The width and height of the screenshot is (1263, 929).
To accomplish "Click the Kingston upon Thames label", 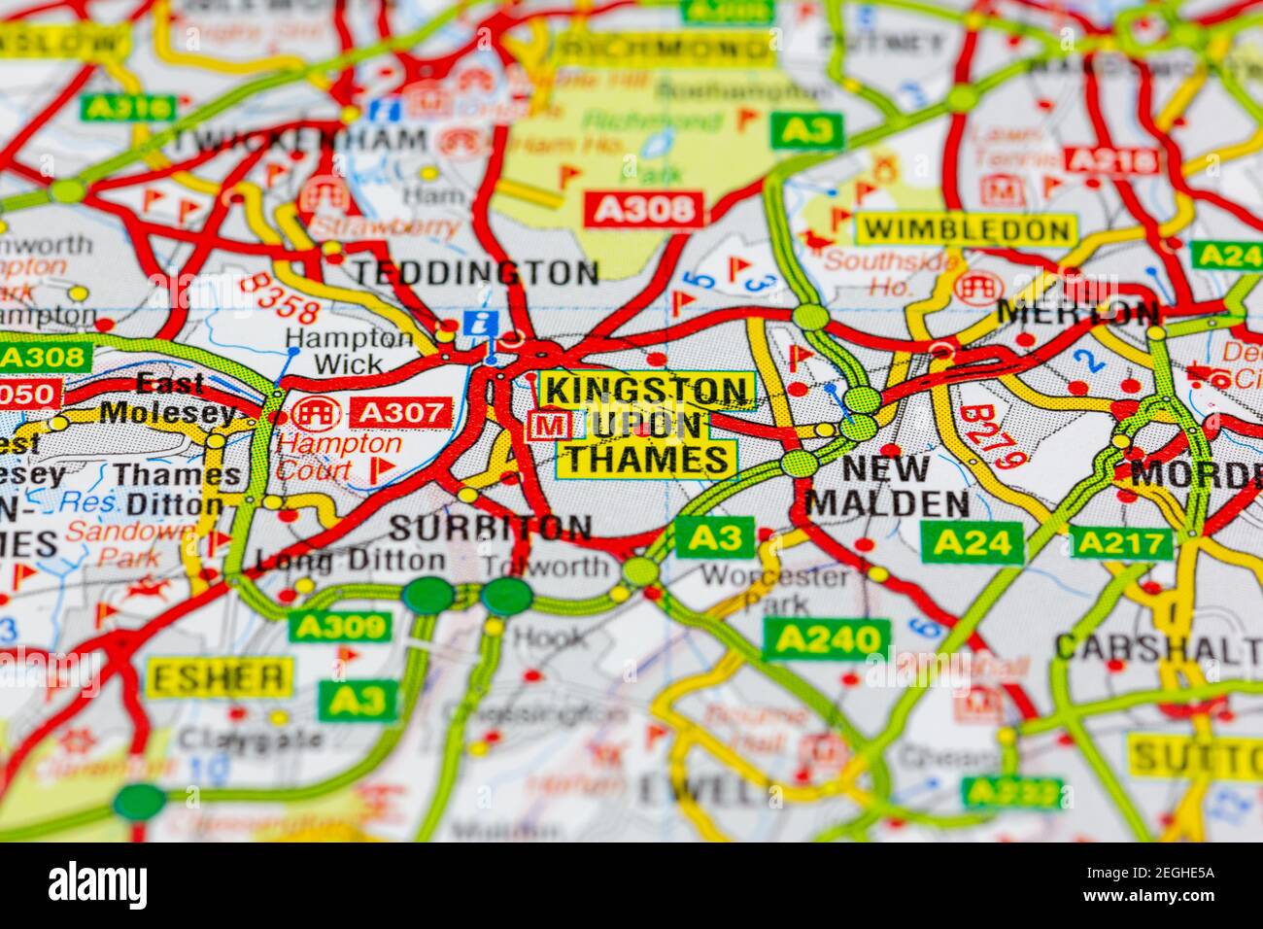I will [647, 424].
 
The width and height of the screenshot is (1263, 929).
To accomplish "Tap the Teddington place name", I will [475, 273].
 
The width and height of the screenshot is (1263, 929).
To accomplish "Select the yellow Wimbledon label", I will [966, 230].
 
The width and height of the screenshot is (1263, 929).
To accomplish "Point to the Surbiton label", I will [490, 528].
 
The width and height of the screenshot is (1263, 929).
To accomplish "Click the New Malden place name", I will [888, 486].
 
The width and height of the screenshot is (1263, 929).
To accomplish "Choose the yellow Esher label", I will [219, 677].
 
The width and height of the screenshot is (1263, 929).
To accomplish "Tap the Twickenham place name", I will [299, 139].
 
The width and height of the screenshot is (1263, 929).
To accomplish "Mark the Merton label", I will [1078, 313].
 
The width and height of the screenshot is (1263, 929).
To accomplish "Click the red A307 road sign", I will [401, 413].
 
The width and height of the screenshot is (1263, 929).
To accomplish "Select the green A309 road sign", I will [340, 627].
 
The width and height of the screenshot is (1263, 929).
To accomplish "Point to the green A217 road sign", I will [1121, 542].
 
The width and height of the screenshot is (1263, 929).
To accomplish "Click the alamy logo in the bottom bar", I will [98, 884].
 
